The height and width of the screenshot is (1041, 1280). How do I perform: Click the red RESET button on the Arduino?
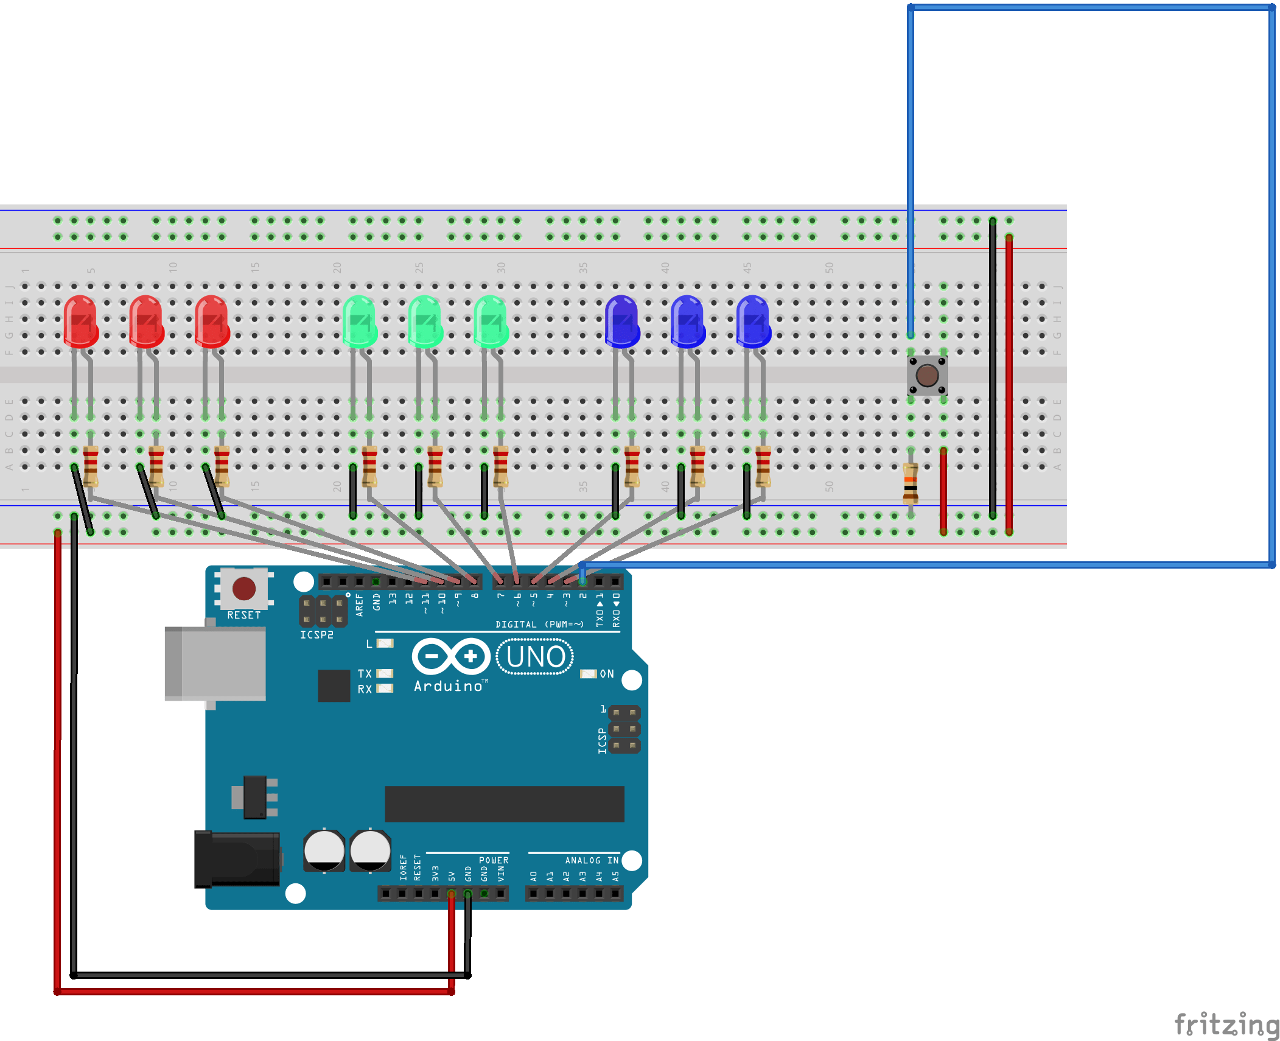coord(244,589)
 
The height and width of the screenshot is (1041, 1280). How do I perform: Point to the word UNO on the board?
coord(536,657)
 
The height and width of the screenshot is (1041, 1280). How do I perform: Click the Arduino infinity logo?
coord(451,656)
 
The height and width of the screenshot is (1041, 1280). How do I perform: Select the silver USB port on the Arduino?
coord(215,664)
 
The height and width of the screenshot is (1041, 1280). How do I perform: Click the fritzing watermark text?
coord(1226,1024)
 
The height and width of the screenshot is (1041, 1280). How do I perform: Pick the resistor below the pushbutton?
coord(911,482)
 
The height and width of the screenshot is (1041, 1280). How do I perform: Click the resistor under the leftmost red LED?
coord(91,466)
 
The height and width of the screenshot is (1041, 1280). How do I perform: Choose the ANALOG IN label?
coord(591,860)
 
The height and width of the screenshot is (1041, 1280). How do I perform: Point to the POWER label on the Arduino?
coord(493,860)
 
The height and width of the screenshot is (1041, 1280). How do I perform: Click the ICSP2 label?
coord(317,635)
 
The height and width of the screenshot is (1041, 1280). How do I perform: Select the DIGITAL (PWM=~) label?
coord(539,625)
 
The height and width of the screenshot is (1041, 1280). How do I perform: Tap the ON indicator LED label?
coord(606,674)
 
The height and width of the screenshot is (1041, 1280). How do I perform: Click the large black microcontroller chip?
coord(504,804)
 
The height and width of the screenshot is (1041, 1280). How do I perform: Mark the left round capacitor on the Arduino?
coord(324,850)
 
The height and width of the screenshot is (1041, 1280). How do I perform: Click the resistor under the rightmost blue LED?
coord(763,466)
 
